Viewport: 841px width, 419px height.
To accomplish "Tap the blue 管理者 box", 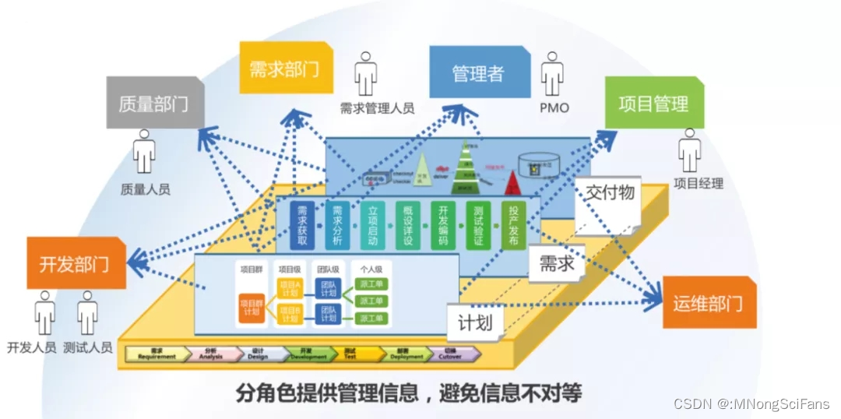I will (478, 72).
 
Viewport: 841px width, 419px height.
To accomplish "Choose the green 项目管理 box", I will (653, 103).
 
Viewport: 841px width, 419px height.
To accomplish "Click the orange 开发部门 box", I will (75, 263).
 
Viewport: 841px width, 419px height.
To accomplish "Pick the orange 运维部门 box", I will (708, 302).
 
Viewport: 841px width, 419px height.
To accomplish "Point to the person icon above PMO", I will (553, 74).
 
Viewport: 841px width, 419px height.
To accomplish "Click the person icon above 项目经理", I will (690, 151).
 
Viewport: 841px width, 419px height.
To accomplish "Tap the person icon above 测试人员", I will (87, 314).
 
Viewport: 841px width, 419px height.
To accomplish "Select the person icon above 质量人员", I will (144, 152).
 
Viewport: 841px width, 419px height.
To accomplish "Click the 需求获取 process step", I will (302, 226).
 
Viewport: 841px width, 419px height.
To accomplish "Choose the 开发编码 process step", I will (443, 226).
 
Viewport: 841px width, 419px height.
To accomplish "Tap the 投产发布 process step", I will (513, 226).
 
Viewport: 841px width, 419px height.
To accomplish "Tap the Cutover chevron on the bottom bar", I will (452, 354).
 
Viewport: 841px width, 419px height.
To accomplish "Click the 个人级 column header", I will (369, 269).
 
